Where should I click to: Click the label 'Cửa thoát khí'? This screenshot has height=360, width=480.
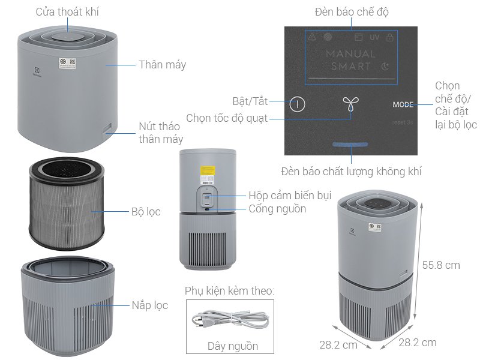click(x=67, y=12)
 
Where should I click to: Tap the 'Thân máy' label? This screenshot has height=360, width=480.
click(x=162, y=65)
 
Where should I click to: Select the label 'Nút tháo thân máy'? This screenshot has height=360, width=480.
click(x=160, y=133)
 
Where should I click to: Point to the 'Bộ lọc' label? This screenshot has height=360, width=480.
click(x=146, y=212)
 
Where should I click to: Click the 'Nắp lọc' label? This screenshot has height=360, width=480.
click(x=149, y=305)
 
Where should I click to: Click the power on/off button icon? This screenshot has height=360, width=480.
click(x=297, y=104)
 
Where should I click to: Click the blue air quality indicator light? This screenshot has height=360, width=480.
click(x=350, y=145)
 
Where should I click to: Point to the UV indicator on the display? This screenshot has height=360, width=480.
click(x=374, y=37)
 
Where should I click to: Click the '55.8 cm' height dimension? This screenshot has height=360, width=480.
click(x=440, y=265)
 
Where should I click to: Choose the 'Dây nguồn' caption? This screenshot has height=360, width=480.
click(x=233, y=346)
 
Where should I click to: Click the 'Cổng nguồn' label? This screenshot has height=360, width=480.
click(x=277, y=209)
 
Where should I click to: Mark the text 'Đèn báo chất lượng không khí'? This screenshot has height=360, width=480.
click(x=351, y=172)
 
